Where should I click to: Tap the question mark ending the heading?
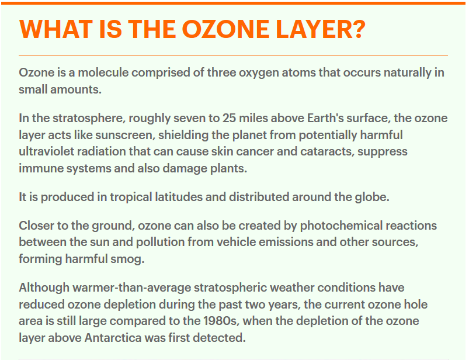click(358, 29)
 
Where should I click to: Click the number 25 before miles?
click(229, 118)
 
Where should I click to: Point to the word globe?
click(372, 197)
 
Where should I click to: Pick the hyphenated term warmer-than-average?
click(132, 288)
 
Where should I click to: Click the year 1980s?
click(221, 321)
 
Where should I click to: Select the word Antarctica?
click(113, 338)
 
